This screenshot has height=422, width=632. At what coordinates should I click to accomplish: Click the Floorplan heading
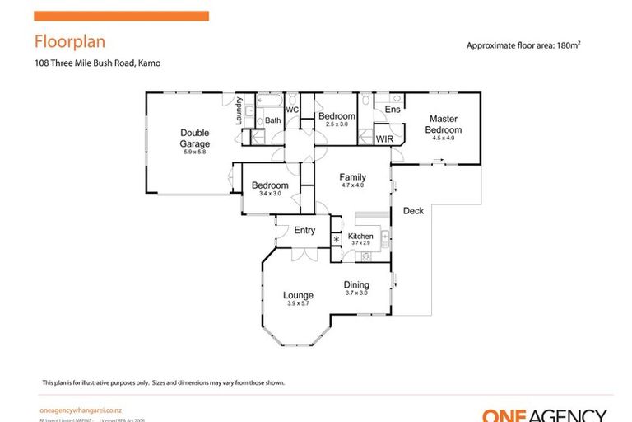click(x=69, y=41)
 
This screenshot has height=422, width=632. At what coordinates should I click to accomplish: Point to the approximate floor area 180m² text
click(x=529, y=46)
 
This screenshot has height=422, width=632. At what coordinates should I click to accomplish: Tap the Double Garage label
click(x=195, y=138)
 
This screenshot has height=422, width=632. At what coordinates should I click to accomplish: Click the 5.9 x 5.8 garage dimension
click(x=195, y=152)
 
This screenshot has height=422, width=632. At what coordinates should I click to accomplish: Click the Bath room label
click(x=272, y=120)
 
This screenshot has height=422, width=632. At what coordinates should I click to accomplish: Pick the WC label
click(x=291, y=110)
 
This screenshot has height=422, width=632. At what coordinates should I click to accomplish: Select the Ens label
click(x=393, y=110)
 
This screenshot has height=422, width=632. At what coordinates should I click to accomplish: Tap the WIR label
click(x=385, y=139)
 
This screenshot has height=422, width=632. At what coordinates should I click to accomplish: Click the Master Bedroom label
click(x=443, y=124)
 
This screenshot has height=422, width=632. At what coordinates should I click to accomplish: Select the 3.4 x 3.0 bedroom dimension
click(x=270, y=195)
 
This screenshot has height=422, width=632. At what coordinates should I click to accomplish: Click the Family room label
click(x=353, y=177)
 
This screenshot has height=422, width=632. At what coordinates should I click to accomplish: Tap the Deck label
click(x=413, y=211)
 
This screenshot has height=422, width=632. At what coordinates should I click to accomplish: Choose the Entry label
click(x=304, y=230)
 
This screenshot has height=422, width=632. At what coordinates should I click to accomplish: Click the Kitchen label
click(x=360, y=237)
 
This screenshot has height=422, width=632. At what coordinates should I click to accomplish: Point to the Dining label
click(x=356, y=285)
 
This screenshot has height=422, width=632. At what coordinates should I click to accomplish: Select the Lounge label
click(x=298, y=294)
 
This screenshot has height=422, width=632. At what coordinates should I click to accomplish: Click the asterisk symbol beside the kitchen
click(x=336, y=240)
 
